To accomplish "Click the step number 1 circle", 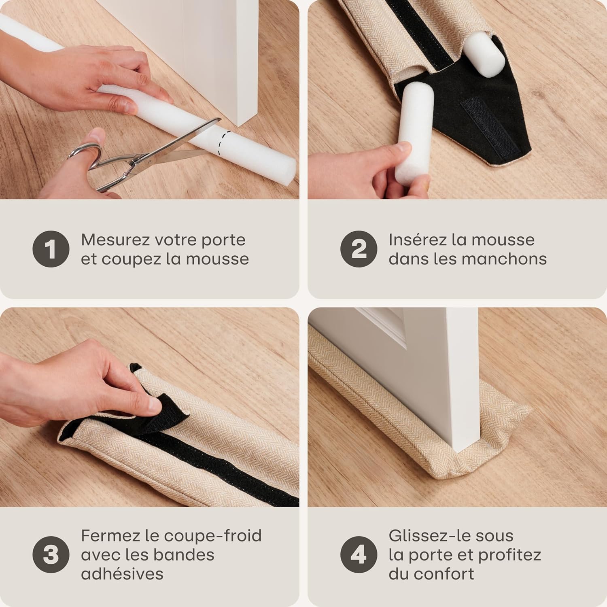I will click(x=51, y=249).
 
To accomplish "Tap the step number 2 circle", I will click(x=359, y=249).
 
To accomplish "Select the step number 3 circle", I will click(x=51, y=554).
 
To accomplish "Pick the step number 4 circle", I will click(x=359, y=554).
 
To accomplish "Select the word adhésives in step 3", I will click(x=122, y=573).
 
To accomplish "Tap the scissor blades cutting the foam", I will click(x=190, y=138).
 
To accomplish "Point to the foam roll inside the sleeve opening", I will click(x=484, y=55).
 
